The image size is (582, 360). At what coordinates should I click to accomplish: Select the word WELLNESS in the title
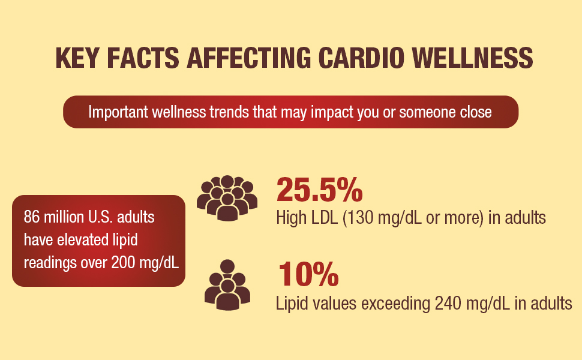[x=478, y=58]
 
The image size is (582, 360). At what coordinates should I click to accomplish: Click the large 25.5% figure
[x=319, y=190]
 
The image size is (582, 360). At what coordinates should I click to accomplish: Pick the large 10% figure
[x=308, y=274]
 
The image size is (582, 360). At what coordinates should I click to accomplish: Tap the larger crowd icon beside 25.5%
[x=227, y=197]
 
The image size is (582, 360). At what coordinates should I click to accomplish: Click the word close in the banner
[x=476, y=112]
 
